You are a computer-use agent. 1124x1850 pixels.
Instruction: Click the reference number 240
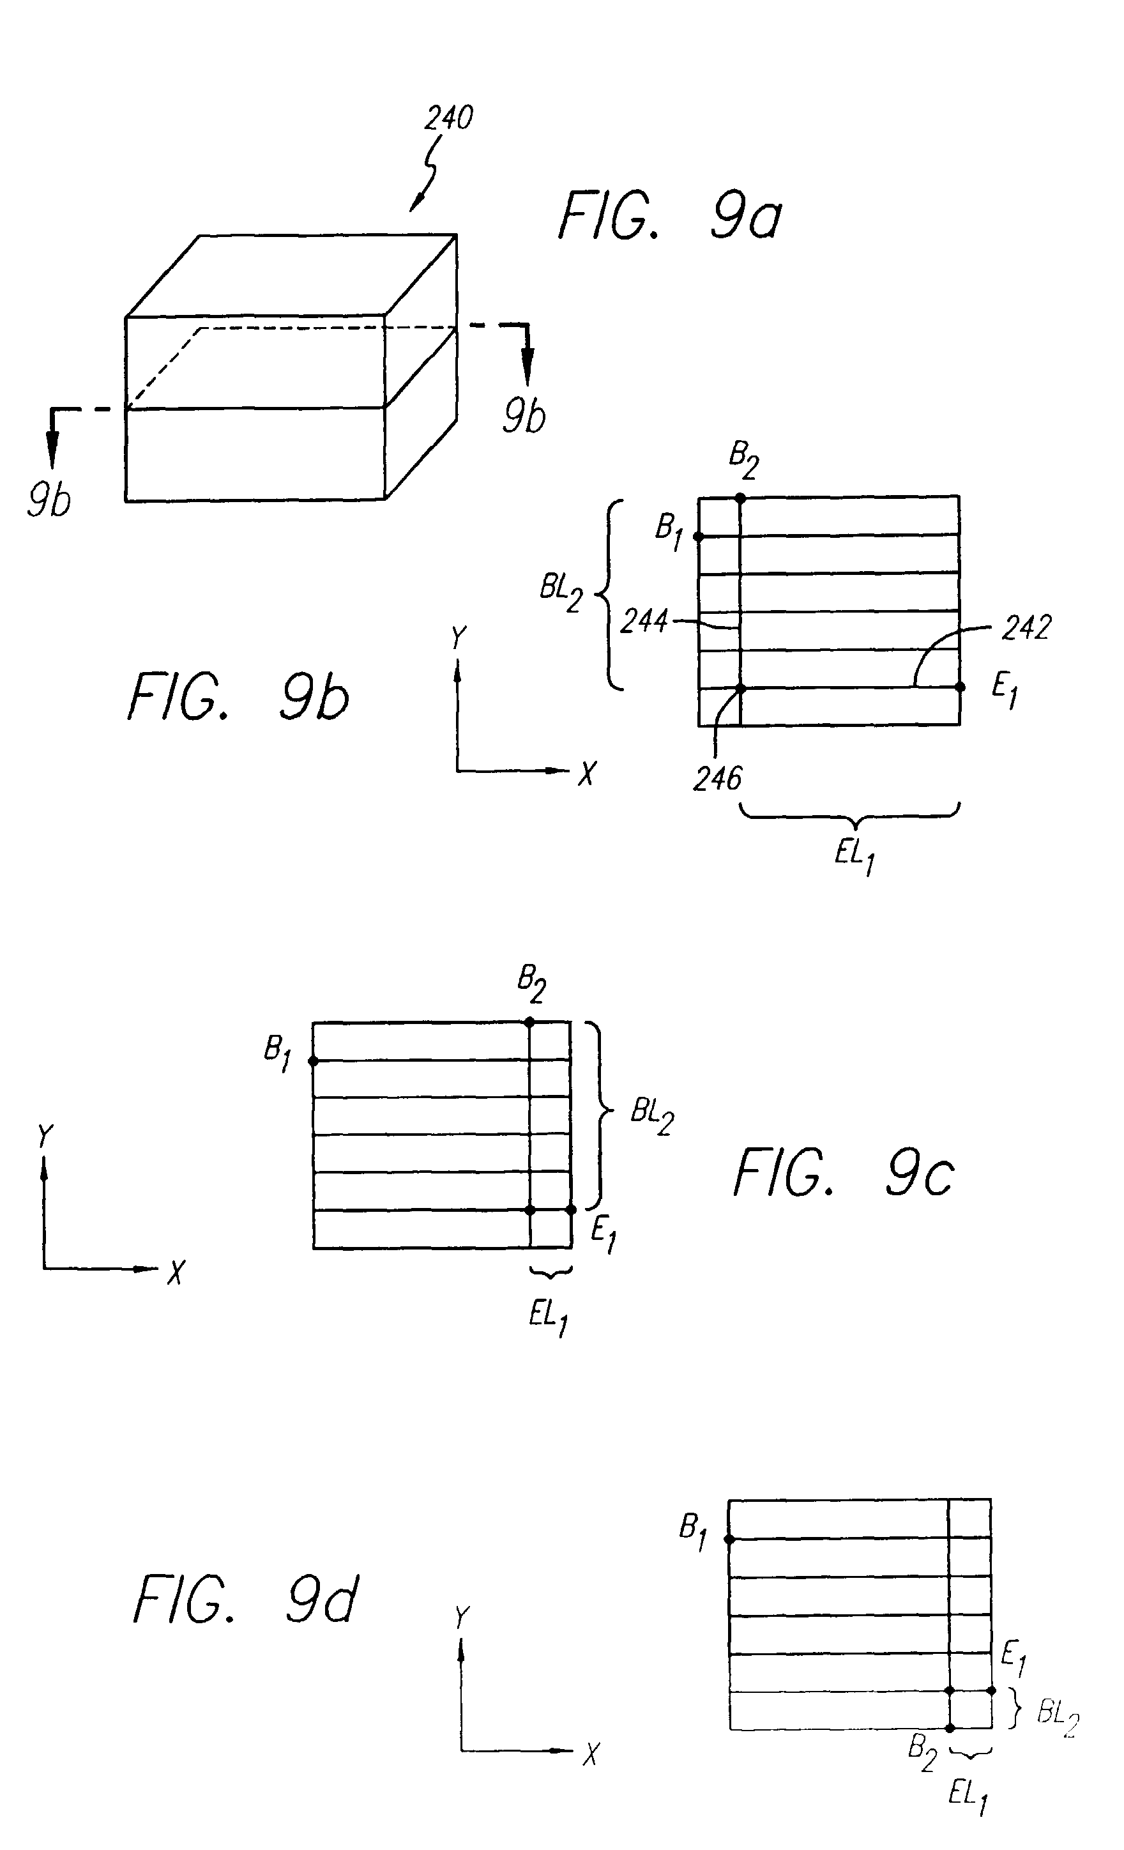pyautogui.click(x=448, y=118)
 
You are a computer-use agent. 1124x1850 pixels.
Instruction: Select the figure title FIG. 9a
pyautogui.click(x=670, y=216)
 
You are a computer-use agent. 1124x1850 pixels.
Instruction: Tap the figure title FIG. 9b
pyautogui.click(x=239, y=697)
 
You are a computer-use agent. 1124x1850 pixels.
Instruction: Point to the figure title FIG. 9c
pyautogui.click(x=843, y=1173)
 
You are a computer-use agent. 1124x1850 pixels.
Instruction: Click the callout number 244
pyautogui.click(x=644, y=622)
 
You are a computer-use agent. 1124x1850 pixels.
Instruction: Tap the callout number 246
pyautogui.click(x=717, y=779)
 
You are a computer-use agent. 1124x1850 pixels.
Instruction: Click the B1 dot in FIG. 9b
pyautogui.click(x=698, y=537)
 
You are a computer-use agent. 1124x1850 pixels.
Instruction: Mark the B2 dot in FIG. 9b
pyautogui.click(x=740, y=498)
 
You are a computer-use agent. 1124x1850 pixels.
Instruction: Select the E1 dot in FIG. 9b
pyautogui.click(x=960, y=687)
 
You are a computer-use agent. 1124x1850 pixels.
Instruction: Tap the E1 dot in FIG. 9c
pyautogui.click(x=571, y=1209)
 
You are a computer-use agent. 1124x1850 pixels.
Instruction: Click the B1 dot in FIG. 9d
pyautogui.click(x=728, y=1539)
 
